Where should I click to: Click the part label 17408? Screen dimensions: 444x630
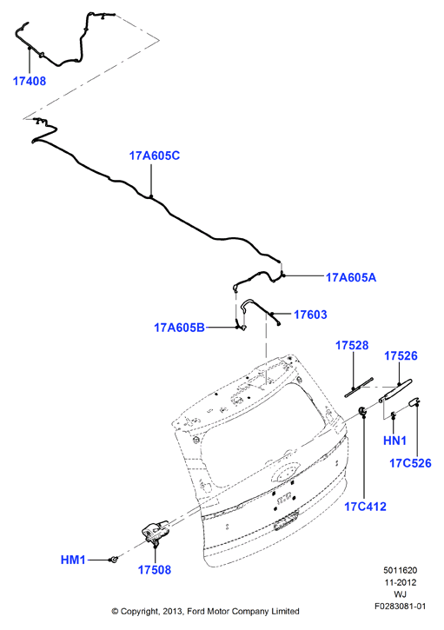coord(30,81)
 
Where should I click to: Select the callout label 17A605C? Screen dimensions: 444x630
coord(155,156)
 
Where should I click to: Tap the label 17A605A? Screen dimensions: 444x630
coord(351,277)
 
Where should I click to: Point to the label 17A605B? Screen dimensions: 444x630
coord(179,328)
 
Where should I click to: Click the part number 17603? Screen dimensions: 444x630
coord(310,315)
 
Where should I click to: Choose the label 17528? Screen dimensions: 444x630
coord(352,345)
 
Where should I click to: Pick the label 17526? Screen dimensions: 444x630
coord(401,355)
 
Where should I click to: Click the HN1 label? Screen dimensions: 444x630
coord(394,441)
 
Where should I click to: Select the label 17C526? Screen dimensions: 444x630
coord(410,463)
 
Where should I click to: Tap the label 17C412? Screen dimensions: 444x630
coord(365,507)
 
